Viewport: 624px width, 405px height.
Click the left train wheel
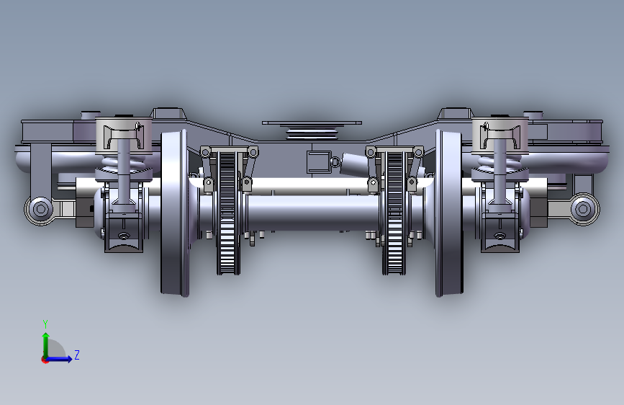coord(174,213)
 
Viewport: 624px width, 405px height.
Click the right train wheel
coord(449,213)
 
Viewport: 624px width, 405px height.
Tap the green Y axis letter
coord(45,324)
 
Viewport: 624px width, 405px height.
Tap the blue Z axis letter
coord(77,355)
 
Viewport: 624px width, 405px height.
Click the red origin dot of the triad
coord(45,360)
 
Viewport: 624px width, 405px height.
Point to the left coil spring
coord(123,163)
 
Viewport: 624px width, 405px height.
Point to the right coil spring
coord(500,163)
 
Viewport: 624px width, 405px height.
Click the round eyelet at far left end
coord(40,208)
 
